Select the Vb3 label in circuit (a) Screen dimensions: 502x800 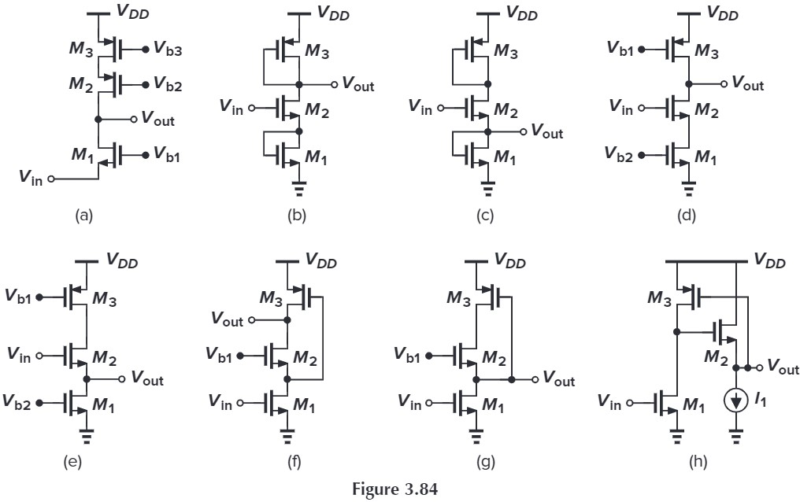pos(168,50)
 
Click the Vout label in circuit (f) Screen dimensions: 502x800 pos(226,319)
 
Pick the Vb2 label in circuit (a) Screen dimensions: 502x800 pos(168,86)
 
